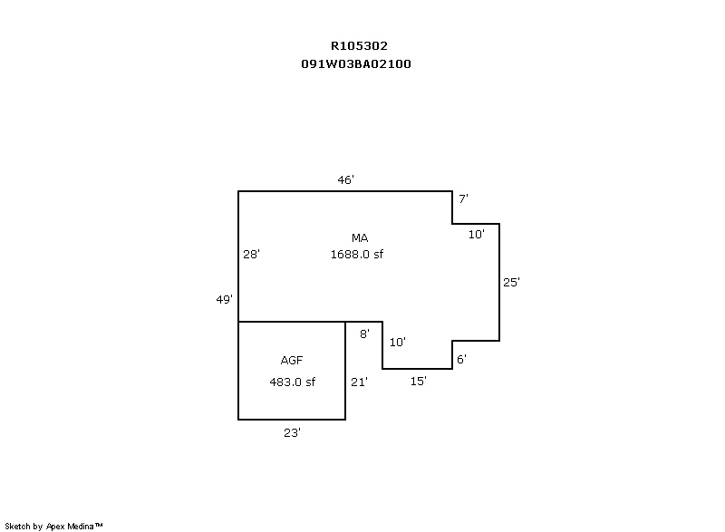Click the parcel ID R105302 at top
pos(359,45)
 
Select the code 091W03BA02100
pos(359,64)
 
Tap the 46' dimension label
pos(345,180)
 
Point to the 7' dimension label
pos(462,198)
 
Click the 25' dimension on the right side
pos(511,282)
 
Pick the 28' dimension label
pos(252,255)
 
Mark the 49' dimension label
pos(225,299)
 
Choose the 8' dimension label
pos(364,334)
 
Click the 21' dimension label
pos(359,382)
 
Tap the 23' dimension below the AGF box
pos(292,433)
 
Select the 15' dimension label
pos(418,382)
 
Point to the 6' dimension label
pos(461,360)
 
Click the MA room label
pos(360,237)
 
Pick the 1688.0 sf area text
pos(357,255)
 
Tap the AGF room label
pos(292,361)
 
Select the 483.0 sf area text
pos(292,382)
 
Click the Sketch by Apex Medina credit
pos(54,525)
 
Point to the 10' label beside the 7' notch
pos(476,234)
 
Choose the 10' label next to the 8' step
pos(397,343)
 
